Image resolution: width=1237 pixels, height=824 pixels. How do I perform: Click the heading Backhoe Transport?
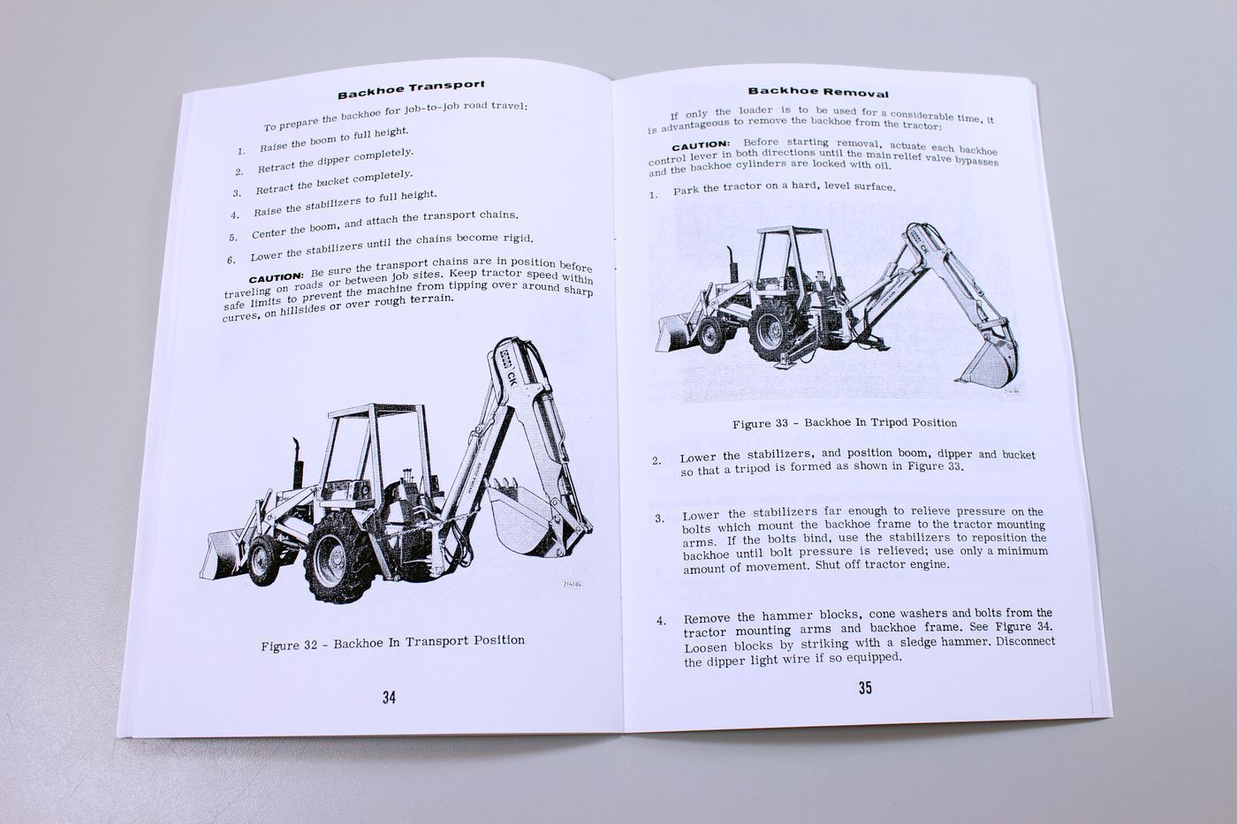pyautogui.click(x=411, y=89)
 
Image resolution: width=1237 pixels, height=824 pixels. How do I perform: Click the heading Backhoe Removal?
pyautogui.click(x=818, y=91)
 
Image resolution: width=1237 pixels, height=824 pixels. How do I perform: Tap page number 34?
pyautogui.click(x=389, y=698)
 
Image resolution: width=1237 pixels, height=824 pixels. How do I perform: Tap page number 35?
pyautogui.click(x=865, y=687)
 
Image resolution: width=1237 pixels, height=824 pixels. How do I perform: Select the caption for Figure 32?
pyautogui.click(x=392, y=642)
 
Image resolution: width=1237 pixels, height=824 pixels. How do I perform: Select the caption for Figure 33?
pyautogui.click(x=845, y=423)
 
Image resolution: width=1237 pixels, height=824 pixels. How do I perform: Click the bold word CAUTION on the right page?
pyautogui.click(x=701, y=145)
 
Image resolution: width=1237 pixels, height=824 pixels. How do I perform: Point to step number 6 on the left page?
pyautogui.click(x=231, y=260)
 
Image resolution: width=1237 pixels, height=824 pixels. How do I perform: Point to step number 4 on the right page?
pyautogui.click(x=660, y=622)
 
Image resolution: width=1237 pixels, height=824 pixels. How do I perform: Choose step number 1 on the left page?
pyautogui.click(x=240, y=151)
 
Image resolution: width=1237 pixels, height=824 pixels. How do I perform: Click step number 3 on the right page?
pyautogui.click(x=660, y=518)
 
